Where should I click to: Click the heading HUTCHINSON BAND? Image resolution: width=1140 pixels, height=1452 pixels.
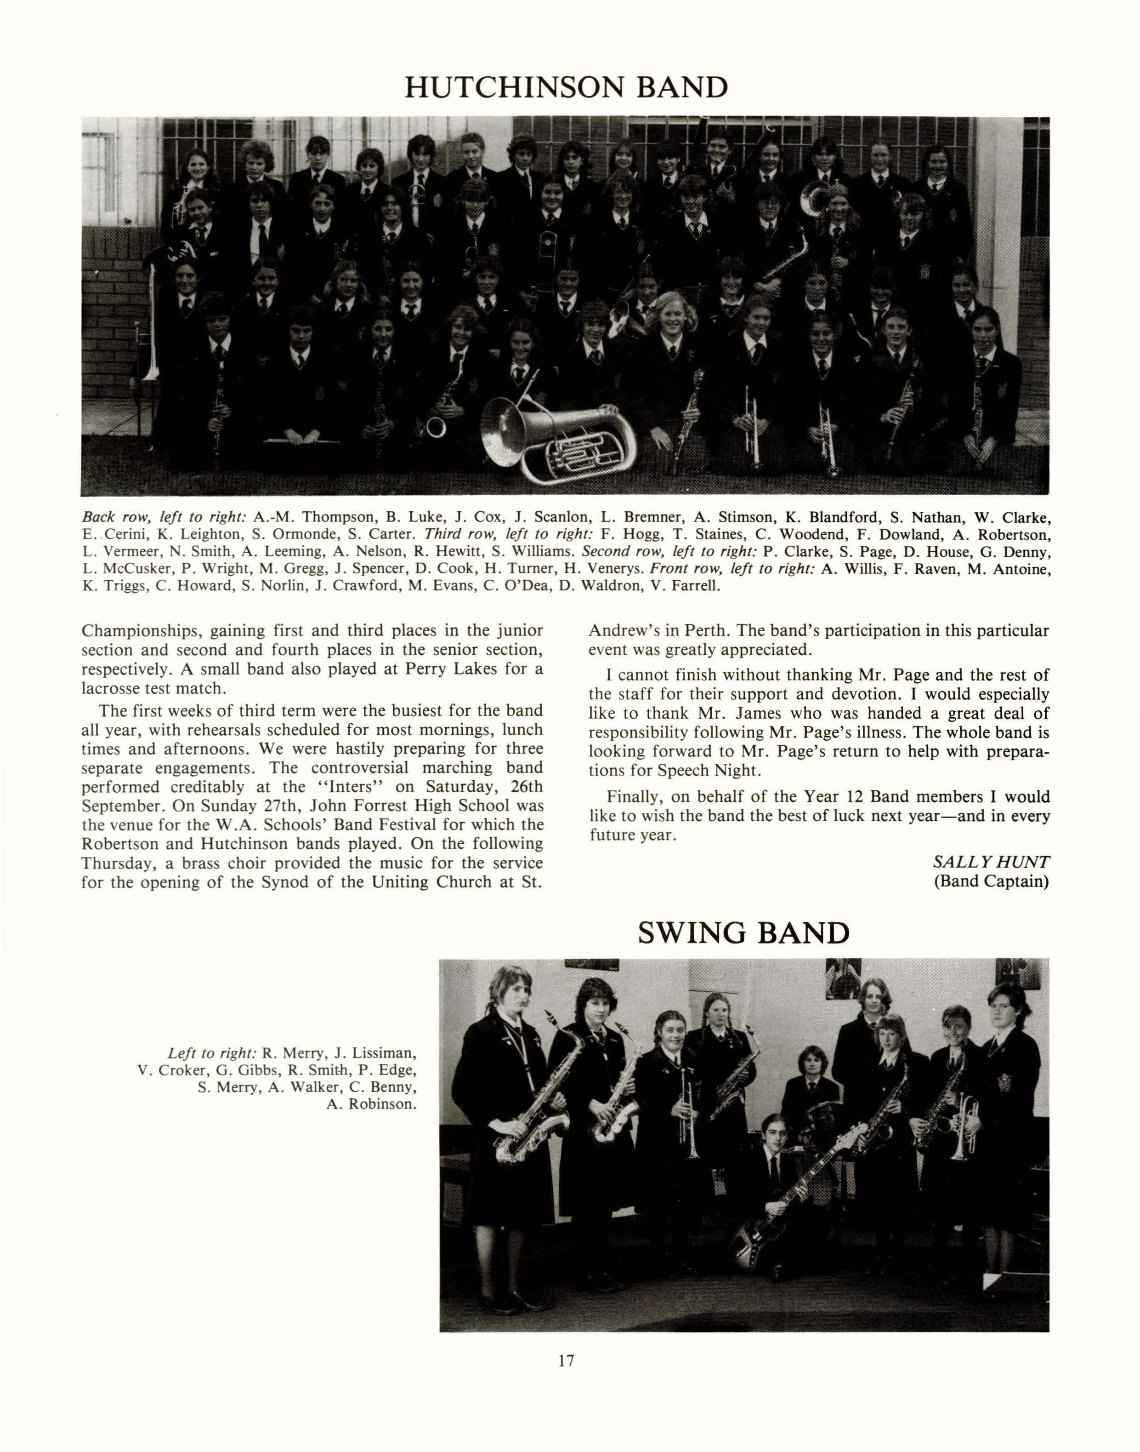pyautogui.click(x=566, y=87)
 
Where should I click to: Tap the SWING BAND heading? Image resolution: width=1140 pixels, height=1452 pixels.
pyautogui.click(x=743, y=932)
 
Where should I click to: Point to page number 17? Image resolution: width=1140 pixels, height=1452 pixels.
pyautogui.click(x=566, y=1360)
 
